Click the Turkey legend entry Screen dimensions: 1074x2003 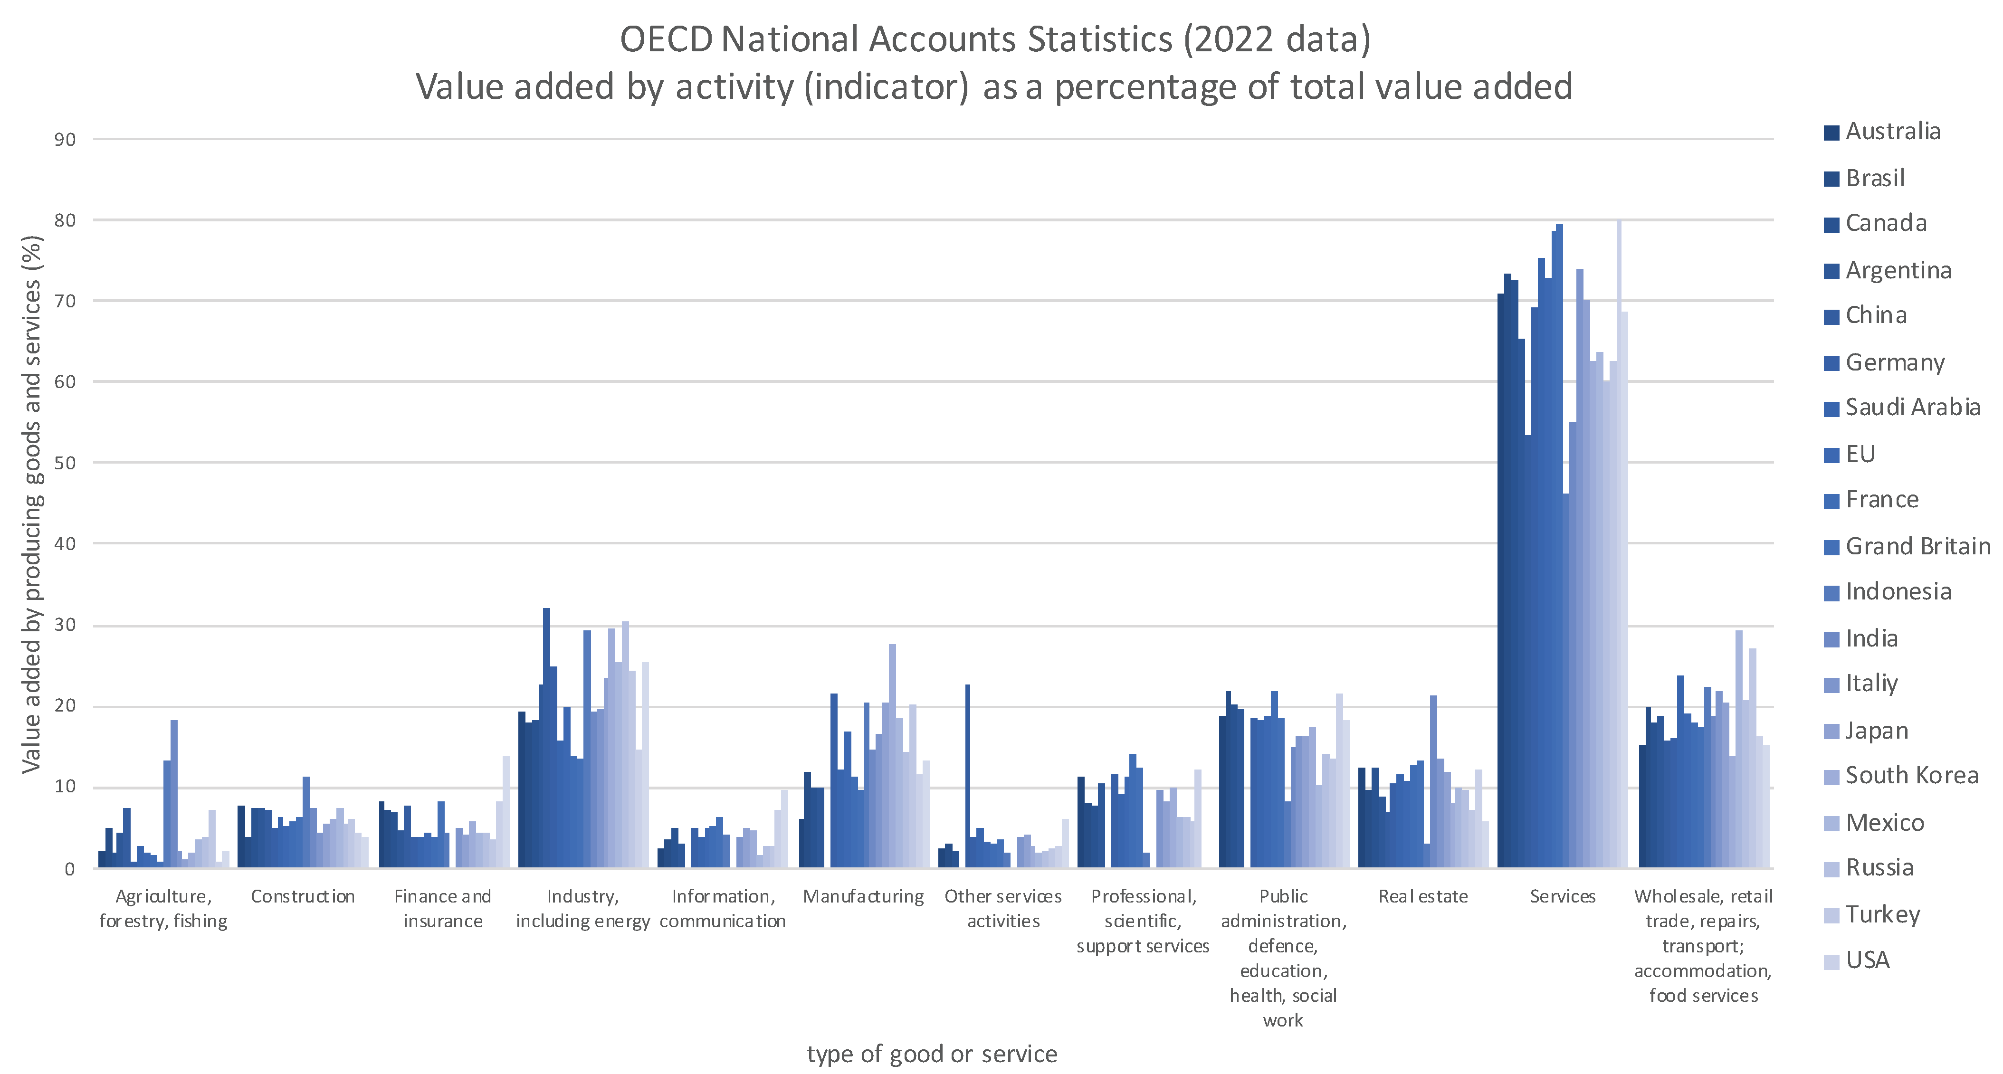coord(1882,914)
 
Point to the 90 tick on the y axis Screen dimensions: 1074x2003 coord(65,140)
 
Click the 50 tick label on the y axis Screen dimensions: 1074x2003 coord(65,463)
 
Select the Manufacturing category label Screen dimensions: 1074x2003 coord(863,897)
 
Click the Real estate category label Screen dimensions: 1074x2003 coord(1423,897)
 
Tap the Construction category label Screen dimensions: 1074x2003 coord(303,897)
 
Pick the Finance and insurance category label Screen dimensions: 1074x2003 coord(442,908)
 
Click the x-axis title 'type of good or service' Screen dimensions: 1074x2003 coord(932,1054)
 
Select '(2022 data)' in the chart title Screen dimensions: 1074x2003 coord(1277,39)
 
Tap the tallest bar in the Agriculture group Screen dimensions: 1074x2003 coord(174,793)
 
